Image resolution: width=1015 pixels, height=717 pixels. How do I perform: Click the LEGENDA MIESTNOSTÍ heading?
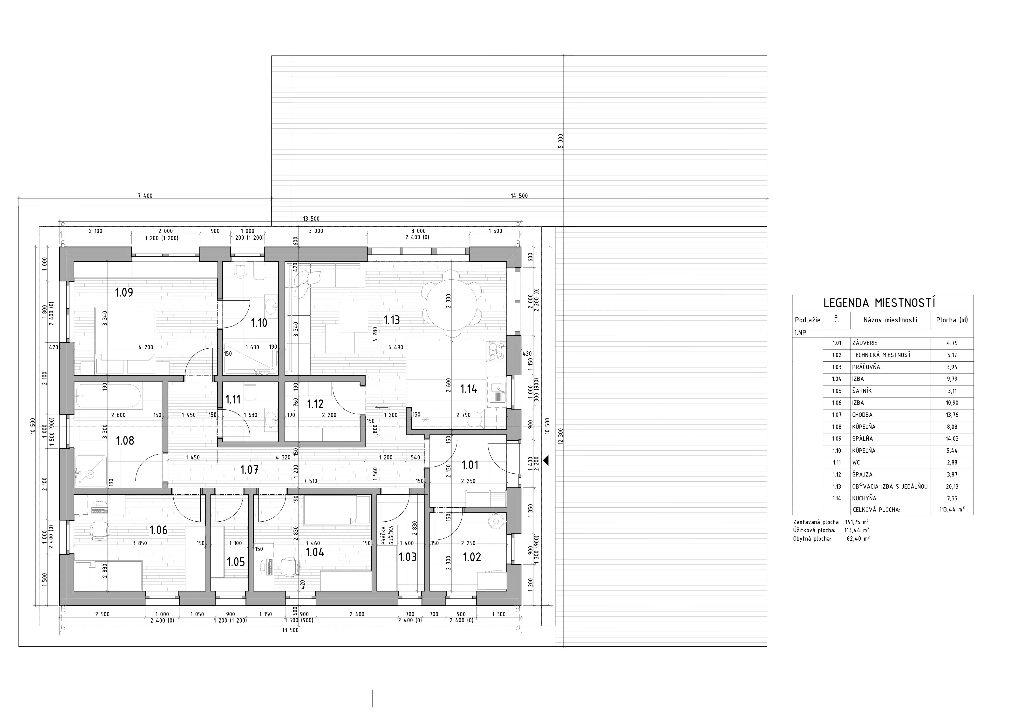(879, 303)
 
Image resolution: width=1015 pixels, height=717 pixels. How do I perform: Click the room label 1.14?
(469, 389)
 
